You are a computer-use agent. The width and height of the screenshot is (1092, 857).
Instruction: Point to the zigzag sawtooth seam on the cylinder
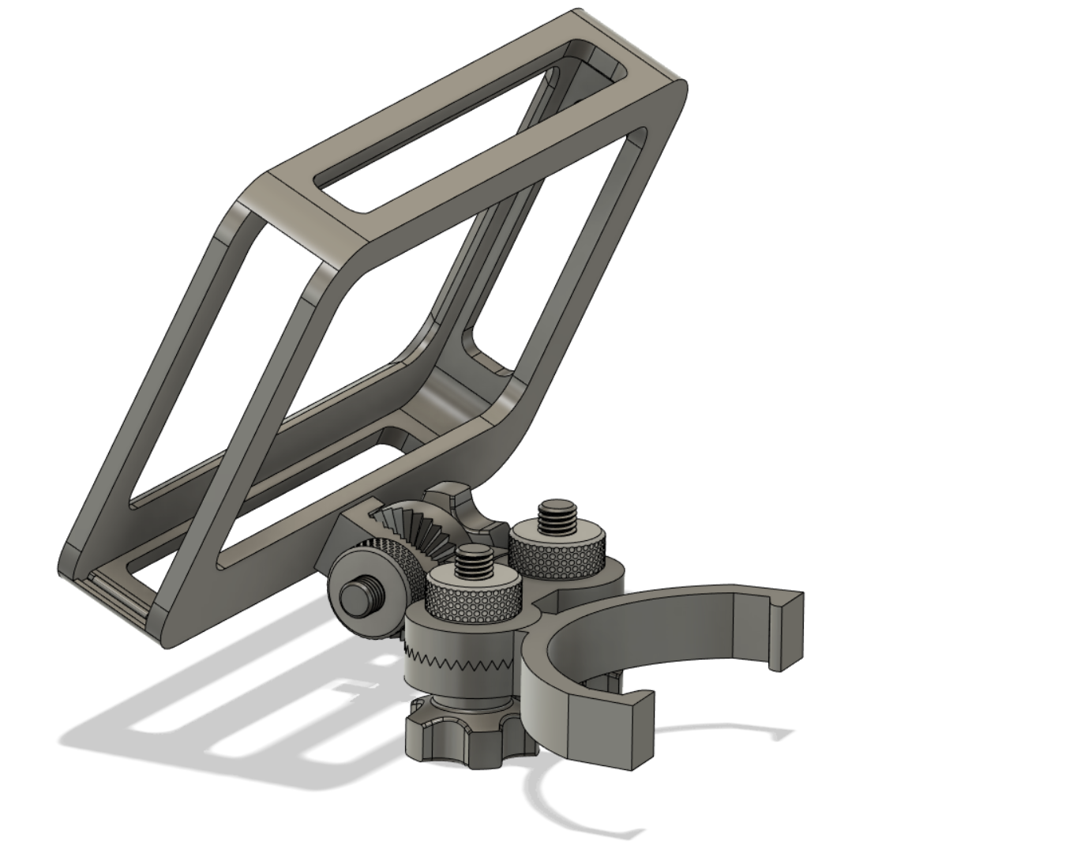tap(458, 657)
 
